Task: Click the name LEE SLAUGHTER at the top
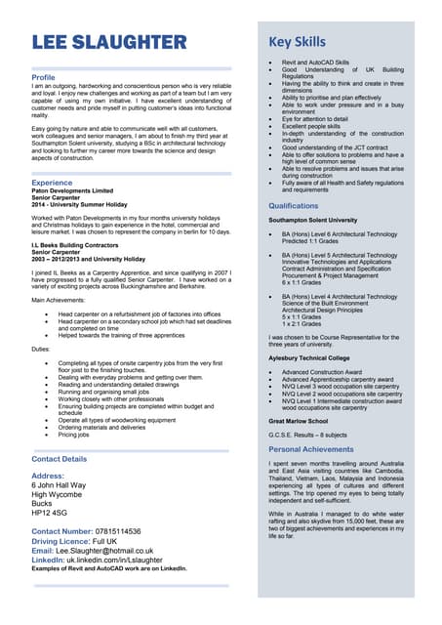108,42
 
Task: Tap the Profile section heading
44,77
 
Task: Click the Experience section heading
52,183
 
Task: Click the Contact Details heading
59,458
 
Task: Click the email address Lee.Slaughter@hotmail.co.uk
118,550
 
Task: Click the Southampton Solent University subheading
313,221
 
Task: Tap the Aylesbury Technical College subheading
307,358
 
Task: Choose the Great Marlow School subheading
298,420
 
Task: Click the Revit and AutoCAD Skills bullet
314,62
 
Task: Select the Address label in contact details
49,476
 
